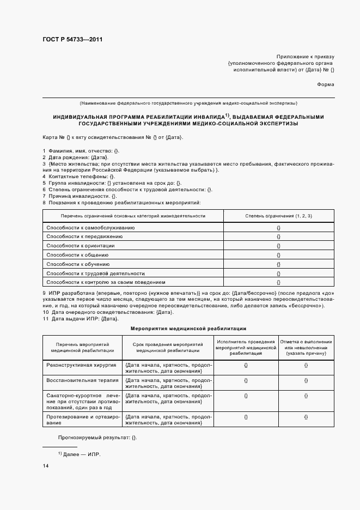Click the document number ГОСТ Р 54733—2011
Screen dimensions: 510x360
coord(72,40)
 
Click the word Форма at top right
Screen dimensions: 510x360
coord(325,84)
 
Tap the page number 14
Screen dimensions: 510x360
coord(46,466)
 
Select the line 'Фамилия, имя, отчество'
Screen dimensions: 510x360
coord(81,150)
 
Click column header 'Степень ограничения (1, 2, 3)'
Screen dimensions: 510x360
coord(278,216)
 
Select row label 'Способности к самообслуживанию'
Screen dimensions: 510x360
coord(90,227)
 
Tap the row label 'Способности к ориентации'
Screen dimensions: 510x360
coord(81,246)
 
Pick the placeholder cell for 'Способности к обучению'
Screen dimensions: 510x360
coord(278,264)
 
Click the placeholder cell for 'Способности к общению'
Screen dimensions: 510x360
coord(278,255)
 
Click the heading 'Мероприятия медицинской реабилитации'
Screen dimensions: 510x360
coord(188,329)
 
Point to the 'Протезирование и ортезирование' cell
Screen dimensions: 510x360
coord(82,420)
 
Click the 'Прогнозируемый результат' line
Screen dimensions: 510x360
coord(97,438)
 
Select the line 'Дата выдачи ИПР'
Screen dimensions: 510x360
coord(80,319)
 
